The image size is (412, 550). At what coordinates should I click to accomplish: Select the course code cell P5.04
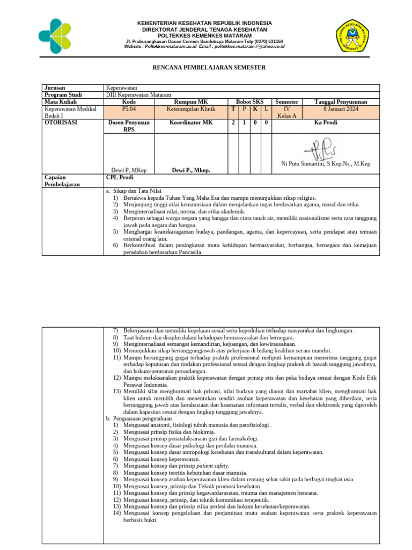click(129, 109)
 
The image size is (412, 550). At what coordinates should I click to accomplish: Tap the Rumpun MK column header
click(190, 102)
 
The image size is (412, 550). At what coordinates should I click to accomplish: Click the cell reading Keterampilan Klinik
click(190, 109)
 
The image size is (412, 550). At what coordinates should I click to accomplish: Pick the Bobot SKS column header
click(250, 102)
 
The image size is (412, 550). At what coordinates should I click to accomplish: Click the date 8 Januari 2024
click(341, 109)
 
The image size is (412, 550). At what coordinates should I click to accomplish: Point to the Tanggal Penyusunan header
click(341, 102)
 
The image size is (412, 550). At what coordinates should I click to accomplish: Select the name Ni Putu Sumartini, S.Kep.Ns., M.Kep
click(326, 164)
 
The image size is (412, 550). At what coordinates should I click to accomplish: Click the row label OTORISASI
click(61, 122)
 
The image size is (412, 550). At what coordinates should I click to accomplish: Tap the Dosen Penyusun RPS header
click(129, 126)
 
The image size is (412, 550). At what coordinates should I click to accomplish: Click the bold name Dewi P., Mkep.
click(190, 170)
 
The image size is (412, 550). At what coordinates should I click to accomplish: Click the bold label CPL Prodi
click(119, 177)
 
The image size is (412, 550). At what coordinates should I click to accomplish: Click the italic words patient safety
click(215, 466)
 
